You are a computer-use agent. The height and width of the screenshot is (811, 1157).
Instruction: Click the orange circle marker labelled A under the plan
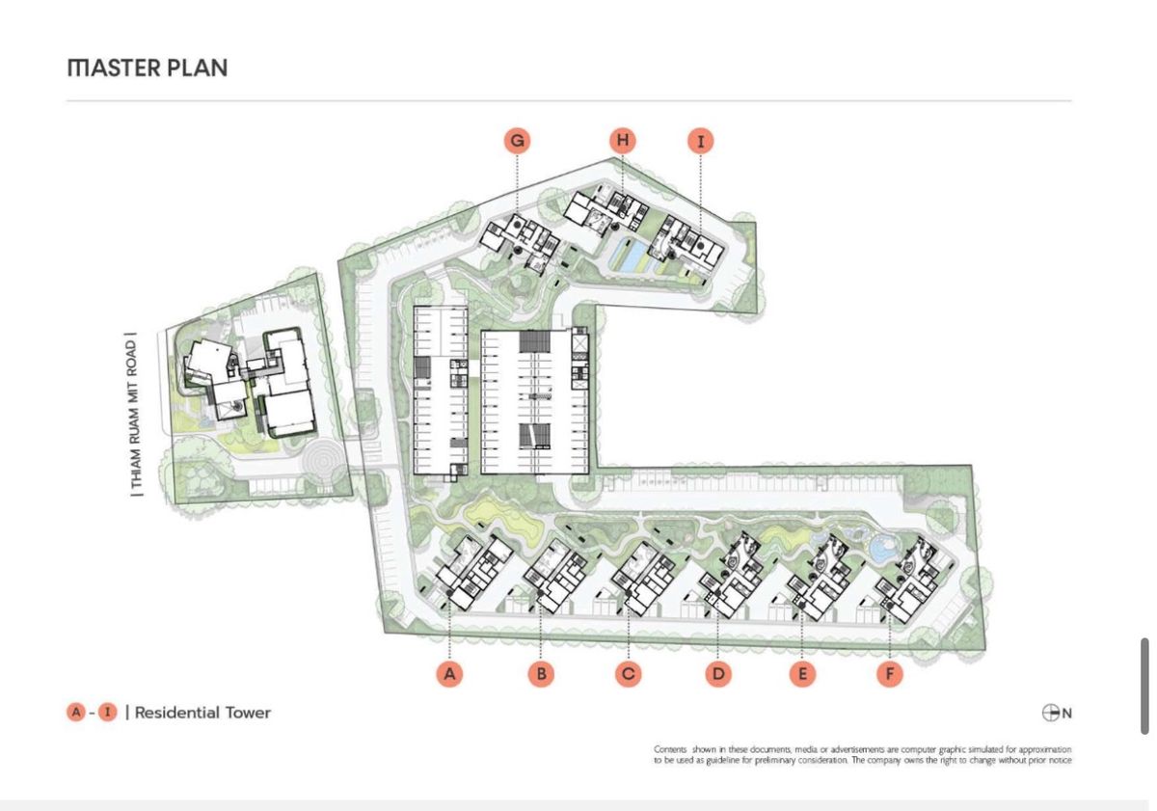[x=450, y=674]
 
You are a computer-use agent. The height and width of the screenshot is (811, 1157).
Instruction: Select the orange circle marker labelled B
[x=541, y=674]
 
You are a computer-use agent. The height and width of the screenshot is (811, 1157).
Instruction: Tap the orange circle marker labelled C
[x=629, y=674]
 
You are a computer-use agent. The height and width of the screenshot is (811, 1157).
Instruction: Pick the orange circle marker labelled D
[x=718, y=674]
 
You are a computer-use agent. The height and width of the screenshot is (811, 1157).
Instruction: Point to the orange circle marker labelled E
[x=802, y=674]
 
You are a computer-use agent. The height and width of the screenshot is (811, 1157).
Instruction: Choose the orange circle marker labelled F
[x=890, y=674]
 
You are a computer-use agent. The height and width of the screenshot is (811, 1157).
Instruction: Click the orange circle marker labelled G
[x=518, y=141]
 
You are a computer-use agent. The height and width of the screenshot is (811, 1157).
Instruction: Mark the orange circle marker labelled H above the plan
[x=623, y=140]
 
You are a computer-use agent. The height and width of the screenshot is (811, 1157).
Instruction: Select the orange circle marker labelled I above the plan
[x=701, y=141]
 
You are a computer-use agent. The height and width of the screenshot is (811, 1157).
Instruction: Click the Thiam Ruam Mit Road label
[x=134, y=415]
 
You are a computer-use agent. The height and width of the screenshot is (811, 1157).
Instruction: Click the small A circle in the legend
[x=76, y=713]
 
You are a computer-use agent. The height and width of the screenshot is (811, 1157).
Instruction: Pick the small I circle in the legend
[x=107, y=713]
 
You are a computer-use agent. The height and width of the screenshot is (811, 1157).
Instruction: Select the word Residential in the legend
[x=176, y=713]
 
